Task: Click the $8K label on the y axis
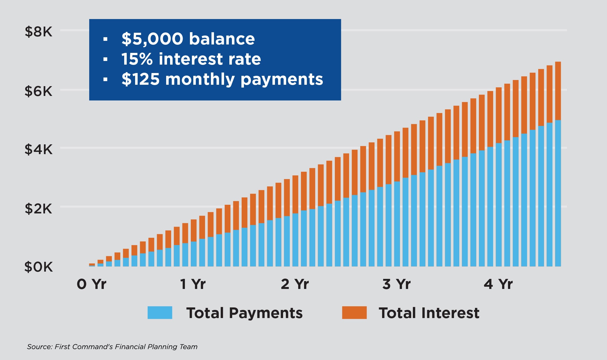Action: [x=38, y=32]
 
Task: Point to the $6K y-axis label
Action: [x=38, y=91]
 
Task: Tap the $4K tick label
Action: [x=38, y=149]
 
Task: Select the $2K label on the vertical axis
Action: [x=38, y=209]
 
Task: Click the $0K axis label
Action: [x=38, y=267]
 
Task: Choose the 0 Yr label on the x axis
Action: [x=91, y=284]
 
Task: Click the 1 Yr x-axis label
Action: [x=193, y=284]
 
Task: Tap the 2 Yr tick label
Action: [x=295, y=284]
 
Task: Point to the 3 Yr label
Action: [x=396, y=284]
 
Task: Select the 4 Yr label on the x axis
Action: [x=498, y=284]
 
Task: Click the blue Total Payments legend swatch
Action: [x=160, y=312]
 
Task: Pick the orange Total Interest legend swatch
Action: [x=354, y=312]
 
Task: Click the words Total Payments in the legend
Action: [x=244, y=313]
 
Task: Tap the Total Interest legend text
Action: [x=429, y=313]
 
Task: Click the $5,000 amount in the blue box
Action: [x=152, y=39]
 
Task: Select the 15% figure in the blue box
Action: [x=137, y=59]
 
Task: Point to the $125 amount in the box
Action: [x=140, y=79]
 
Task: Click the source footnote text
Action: [x=112, y=347]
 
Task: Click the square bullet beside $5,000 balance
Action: [x=105, y=39]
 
